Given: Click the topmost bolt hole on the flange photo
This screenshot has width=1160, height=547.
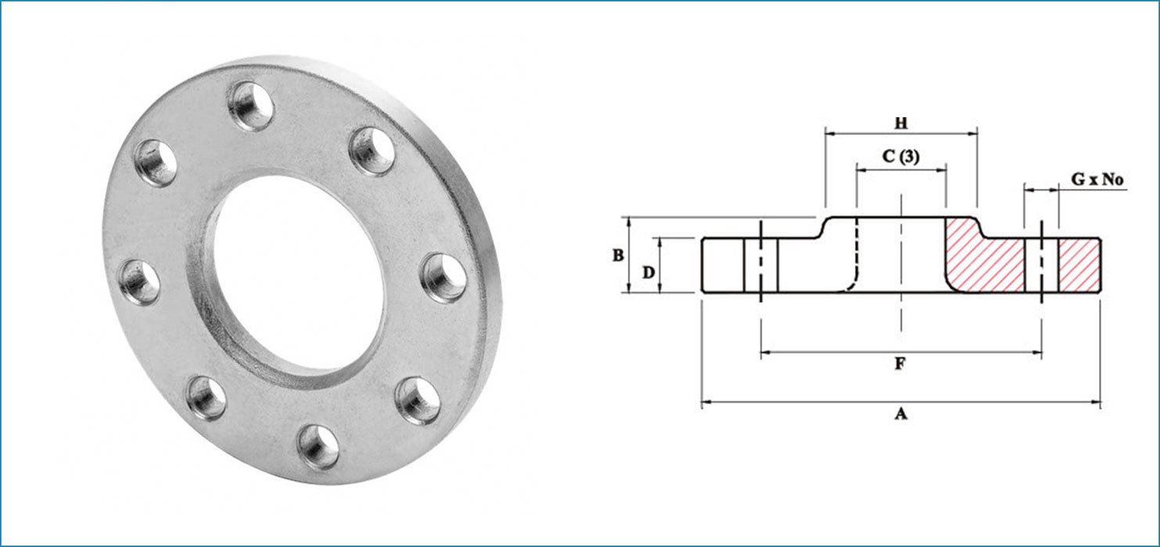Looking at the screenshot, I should pyautogui.click(x=250, y=105).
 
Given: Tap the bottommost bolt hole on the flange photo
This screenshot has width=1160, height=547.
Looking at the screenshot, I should pyautogui.click(x=318, y=446).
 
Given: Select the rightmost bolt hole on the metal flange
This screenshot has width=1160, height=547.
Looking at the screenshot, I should pyautogui.click(x=444, y=277).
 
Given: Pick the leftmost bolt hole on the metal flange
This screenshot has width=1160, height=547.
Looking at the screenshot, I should pyautogui.click(x=141, y=281).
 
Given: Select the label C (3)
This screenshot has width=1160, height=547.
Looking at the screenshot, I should pyautogui.click(x=901, y=156).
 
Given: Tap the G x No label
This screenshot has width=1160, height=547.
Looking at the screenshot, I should pyautogui.click(x=1097, y=181).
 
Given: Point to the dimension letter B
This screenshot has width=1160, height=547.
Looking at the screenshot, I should pyautogui.click(x=617, y=256).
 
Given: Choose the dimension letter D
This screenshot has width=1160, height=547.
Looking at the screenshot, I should pyautogui.click(x=648, y=272).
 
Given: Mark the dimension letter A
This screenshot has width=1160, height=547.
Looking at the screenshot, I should pyautogui.click(x=900, y=415).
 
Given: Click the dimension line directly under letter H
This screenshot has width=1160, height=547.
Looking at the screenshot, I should pyautogui.click(x=900, y=134).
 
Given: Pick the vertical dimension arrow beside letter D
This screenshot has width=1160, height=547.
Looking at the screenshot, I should pyautogui.click(x=661, y=266).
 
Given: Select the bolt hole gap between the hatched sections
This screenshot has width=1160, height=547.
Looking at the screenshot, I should pyautogui.click(x=1041, y=266).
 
